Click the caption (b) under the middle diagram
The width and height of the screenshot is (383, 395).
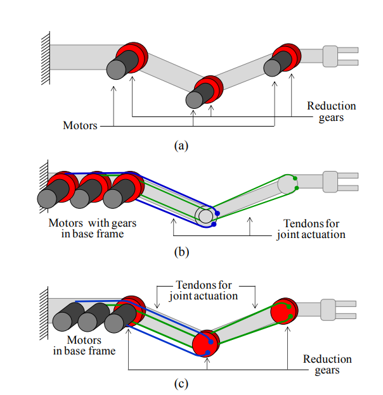(x=181, y=253)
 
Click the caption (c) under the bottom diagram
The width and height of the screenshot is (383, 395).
(x=181, y=383)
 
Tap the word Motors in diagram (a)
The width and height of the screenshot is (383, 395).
(x=80, y=125)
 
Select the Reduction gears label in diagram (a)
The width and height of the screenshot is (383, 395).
(x=332, y=112)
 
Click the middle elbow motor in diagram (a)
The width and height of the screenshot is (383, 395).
(x=201, y=94)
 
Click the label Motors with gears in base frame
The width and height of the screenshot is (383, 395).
(x=92, y=229)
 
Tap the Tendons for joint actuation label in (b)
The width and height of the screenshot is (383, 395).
(x=311, y=229)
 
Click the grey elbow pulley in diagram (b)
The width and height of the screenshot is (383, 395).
(x=205, y=216)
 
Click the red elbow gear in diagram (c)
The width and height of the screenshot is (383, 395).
(x=205, y=342)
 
